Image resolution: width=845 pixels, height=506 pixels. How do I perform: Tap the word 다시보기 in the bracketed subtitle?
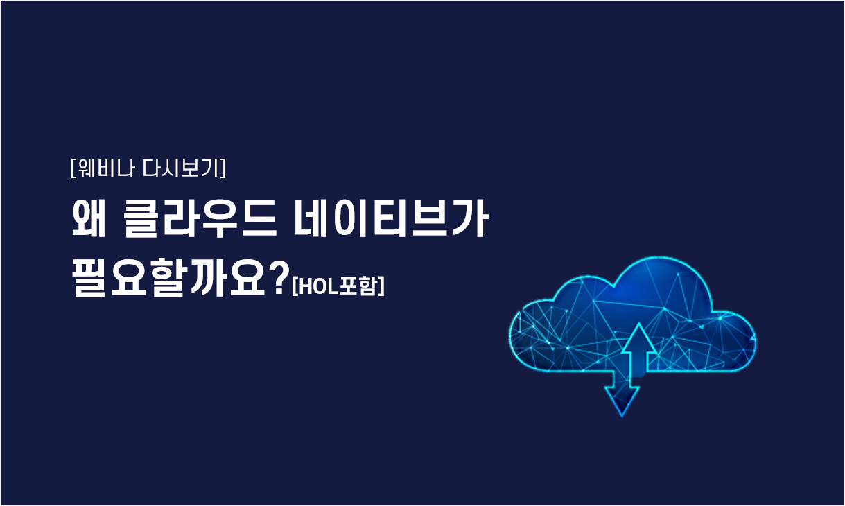[181, 168]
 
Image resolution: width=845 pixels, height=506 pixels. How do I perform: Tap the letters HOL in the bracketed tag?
[317, 287]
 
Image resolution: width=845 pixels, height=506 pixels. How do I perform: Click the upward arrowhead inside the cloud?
[639, 337]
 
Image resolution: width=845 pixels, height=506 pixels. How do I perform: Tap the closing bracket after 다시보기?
[223, 168]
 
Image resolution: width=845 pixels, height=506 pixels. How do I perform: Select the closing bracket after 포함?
[381, 286]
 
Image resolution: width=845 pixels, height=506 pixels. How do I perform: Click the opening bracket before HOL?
[295, 287]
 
